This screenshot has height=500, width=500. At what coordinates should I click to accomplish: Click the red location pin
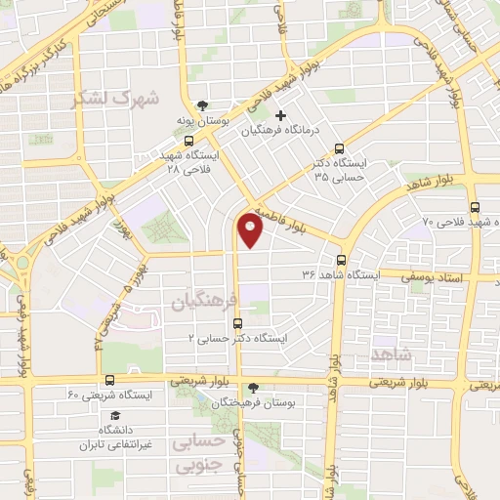click(250, 231)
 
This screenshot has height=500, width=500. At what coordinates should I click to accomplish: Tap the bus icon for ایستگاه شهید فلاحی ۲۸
click(187, 140)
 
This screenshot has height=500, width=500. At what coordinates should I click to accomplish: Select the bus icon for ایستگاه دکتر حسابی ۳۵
click(339, 149)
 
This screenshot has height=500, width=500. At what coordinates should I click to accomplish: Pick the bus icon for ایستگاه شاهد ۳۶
click(341, 260)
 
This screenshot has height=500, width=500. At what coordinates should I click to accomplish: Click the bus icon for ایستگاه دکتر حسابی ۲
click(237, 322)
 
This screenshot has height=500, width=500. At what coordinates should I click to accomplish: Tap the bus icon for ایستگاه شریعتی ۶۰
click(108, 380)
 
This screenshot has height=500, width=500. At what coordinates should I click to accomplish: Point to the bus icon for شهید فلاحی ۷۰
click(475, 207)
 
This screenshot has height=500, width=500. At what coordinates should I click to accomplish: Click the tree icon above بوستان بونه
click(202, 104)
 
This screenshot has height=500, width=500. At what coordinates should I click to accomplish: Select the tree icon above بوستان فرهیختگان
click(254, 388)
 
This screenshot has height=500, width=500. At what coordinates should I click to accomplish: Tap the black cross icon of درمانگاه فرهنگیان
click(281, 116)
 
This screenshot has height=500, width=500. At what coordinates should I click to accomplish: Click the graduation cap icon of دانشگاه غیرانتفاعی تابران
click(101, 414)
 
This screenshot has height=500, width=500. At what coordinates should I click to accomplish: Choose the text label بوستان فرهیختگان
click(268, 402)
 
